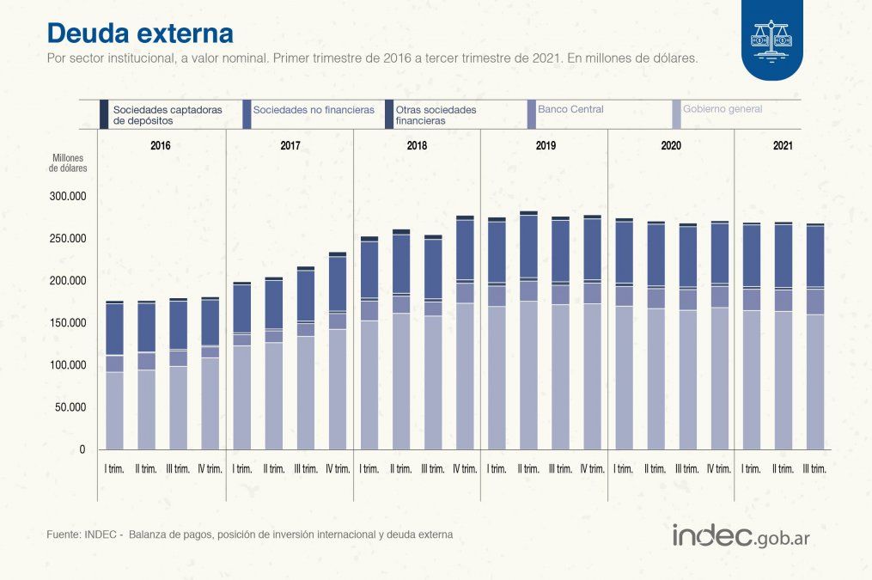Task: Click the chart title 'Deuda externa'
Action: coord(139,33)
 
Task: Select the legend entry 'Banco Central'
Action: coord(570,109)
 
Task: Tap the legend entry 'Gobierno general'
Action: coord(722,109)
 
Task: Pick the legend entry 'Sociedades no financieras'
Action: coord(314,110)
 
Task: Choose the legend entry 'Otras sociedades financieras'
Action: coord(436,115)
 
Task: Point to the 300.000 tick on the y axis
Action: coord(66,196)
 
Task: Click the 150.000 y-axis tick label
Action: coord(66,323)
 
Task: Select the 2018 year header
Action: coord(417,146)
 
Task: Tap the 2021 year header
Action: coord(783,146)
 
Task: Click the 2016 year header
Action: coord(161,146)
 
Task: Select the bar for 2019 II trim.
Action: coord(528,330)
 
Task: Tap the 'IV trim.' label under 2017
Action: coord(338,469)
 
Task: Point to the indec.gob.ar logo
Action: coord(741,536)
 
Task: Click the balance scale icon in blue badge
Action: coord(771,40)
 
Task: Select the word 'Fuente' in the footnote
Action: coord(64,534)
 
